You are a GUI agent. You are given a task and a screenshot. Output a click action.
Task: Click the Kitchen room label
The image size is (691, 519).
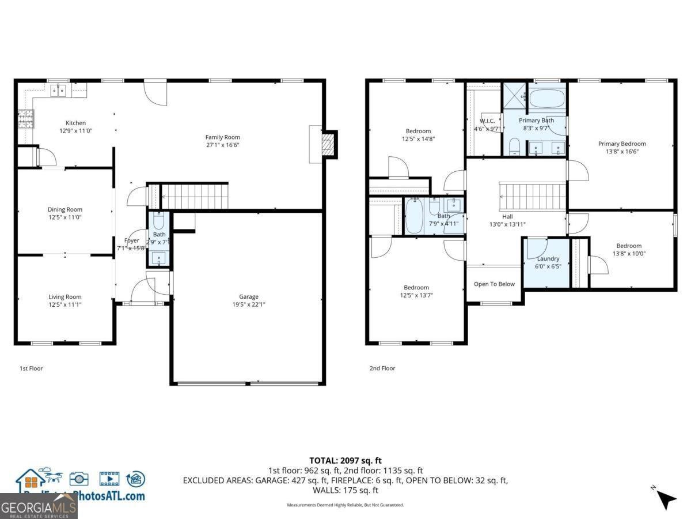point(75,123)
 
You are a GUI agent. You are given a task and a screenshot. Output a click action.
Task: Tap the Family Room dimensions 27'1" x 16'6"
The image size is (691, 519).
point(222,145)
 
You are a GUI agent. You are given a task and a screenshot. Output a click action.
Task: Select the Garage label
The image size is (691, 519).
point(249,297)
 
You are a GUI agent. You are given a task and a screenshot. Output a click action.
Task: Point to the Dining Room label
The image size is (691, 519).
point(64,209)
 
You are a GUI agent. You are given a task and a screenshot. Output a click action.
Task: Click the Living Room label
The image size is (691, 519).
point(64,297)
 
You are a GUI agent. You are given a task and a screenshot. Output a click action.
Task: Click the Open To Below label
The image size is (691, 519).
point(494,284)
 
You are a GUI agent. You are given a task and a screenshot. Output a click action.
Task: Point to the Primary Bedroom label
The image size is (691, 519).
point(622,144)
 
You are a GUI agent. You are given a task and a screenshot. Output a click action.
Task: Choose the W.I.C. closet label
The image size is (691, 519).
point(487,121)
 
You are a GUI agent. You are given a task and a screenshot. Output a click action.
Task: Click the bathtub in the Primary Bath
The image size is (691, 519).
point(546,99)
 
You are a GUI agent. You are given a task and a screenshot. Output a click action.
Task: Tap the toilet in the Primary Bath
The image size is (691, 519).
point(515,146)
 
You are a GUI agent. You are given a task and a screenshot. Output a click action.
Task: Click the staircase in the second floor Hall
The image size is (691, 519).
point(531,197)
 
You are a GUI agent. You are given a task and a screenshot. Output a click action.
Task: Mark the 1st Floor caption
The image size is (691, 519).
point(31,368)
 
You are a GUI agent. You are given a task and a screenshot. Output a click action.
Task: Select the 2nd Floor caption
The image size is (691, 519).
point(382,368)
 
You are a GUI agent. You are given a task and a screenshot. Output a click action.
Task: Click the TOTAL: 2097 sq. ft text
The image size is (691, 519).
point(345,460)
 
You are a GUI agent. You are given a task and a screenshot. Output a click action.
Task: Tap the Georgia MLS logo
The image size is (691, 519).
point(38,507)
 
